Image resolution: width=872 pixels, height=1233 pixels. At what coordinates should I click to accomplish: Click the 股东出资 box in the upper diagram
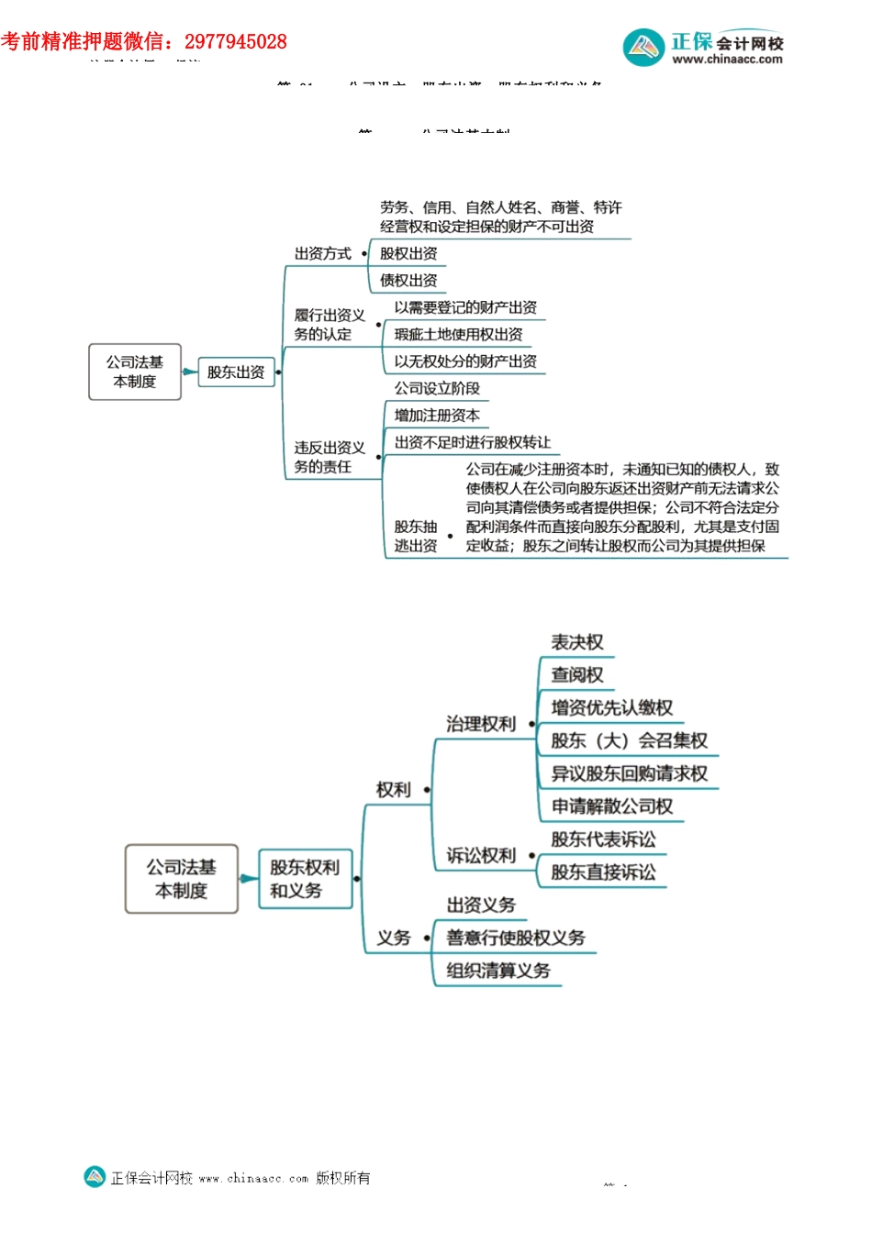pyautogui.click(x=236, y=372)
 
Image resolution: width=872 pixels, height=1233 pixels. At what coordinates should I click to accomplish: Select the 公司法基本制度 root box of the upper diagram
pyautogui.click(x=135, y=372)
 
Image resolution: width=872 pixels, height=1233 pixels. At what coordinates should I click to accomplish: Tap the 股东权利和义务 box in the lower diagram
pyautogui.click(x=305, y=879)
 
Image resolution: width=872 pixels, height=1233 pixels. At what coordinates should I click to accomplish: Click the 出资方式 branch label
pyautogui.click(x=322, y=254)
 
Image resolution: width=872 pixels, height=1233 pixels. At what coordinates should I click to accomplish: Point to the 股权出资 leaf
pyautogui.click(x=408, y=254)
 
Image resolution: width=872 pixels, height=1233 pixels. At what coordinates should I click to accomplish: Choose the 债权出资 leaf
pyautogui.click(x=408, y=281)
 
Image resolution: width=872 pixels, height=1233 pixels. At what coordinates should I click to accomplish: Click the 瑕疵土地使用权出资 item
pyautogui.click(x=458, y=335)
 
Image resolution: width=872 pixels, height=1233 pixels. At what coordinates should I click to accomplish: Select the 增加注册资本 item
pyautogui.click(x=437, y=416)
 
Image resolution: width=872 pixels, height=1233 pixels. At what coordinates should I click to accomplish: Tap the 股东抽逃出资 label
pyautogui.click(x=416, y=537)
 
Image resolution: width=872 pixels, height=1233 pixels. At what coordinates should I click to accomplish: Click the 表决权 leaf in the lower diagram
pyautogui.click(x=576, y=643)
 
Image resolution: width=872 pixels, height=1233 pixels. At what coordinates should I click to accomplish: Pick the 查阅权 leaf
pyautogui.click(x=576, y=676)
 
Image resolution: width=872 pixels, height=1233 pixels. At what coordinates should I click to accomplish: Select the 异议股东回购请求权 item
pyautogui.click(x=629, y=774)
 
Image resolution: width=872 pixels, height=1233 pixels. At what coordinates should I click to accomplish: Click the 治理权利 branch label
pyautogui.click(x=481, y=725)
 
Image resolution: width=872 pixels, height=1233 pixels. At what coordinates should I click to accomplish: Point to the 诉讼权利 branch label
pyautogui.click(x=481, y=856)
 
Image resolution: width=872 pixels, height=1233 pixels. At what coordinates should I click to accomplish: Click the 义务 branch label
pyautogui.click(x=394, y=939)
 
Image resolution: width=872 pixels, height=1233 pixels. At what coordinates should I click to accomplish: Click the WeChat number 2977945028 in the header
pyautogui.click(x=235, y=42)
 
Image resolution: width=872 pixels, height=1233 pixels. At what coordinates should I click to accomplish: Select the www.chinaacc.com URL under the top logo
pyautogui.click(x=727, y=60)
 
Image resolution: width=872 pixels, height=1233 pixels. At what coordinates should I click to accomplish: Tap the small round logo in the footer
pyautogui.click(x=95, y=1177)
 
